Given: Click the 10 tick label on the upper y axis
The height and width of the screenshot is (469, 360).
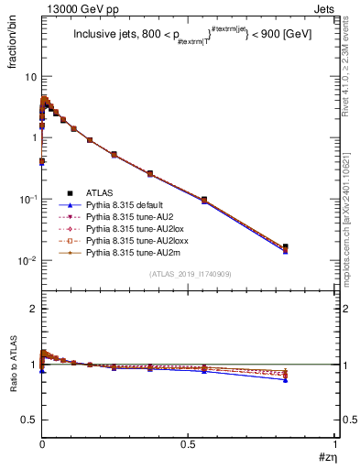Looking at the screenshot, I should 30,77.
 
